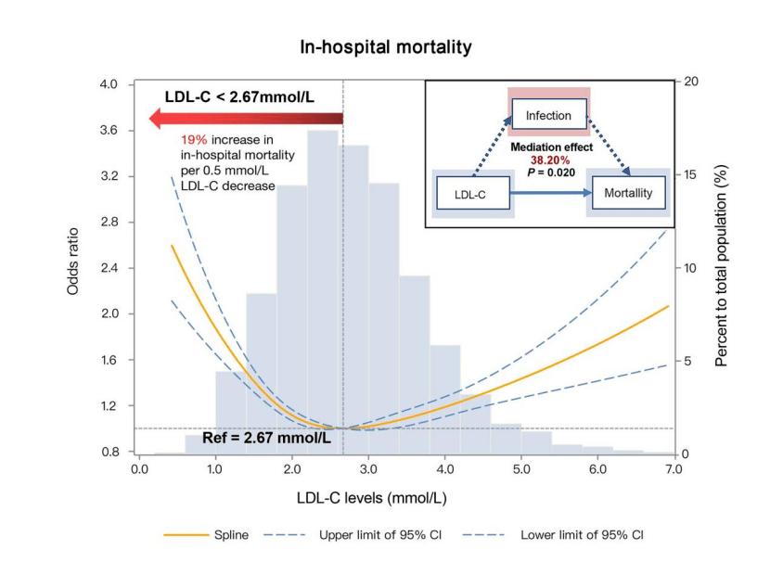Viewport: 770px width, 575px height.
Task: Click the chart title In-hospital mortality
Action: pyautogui.click(x=385, y=46)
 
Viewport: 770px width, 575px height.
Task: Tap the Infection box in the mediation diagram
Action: pyautogui.click(x=548, y=116)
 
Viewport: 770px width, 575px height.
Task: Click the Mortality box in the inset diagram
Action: pyautogui.click(x=628, y=193)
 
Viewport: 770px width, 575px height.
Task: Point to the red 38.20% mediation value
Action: pyautogui.click(x=549, y=159)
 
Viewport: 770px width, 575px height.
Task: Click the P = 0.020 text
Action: pyautogui.click(x=549, y=172)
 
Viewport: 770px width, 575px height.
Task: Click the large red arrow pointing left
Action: pyautogui.click(x=246, y=119)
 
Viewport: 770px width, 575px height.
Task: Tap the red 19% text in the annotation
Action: pyautogui.click(x=193, y=140)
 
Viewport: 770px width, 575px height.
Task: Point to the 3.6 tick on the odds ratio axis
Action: pyautogui.click(x=110, y=131)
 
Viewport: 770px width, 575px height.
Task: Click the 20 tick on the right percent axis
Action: pyautogui.click(x=690, y=82)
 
